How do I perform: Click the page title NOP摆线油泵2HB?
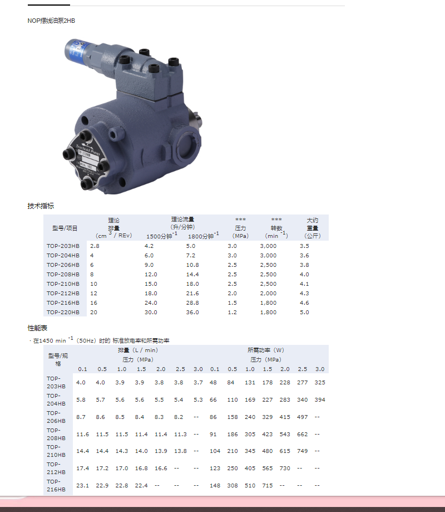(51, 21)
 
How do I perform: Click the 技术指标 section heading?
(41, 206)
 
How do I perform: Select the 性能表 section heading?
(37, 328)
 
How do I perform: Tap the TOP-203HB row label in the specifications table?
(63, 246)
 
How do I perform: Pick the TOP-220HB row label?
(63, 312)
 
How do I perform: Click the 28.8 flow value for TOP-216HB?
(192, 303)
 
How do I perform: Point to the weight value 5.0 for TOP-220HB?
(304, 312)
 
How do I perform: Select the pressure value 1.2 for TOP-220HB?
(232, 312)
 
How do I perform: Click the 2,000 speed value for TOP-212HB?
(268, 293)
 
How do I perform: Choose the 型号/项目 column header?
(65, 228)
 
